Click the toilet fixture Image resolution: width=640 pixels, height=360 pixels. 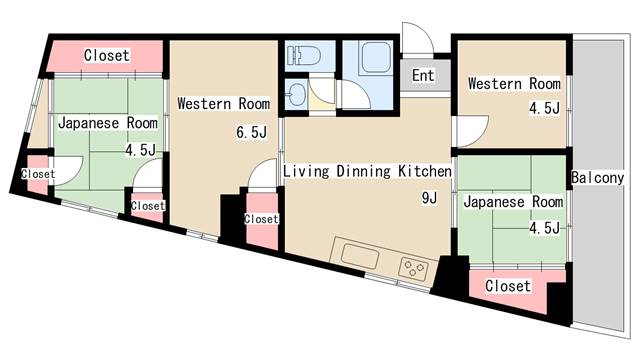pyautogui.click(x=303, y=56)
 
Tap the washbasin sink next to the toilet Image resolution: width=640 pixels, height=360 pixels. pyautogui.click(x=297, y=95)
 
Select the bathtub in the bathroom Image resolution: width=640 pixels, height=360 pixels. pyautogui.click(x=375, y=57)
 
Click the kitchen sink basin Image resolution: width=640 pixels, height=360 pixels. pyautogui.click(x=360, y=256)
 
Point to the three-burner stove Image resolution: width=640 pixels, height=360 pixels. pyautogui.click(x=413, y=269)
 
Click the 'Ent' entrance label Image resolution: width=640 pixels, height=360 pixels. pyautogui.click(x=422, y=75)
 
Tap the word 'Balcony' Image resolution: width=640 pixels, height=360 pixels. pyautogui.click(x=597, y=178)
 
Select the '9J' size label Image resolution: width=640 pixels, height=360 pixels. pyautogui.click(x=429, y=198)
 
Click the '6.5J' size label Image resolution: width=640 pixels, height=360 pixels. pyautogui.click(x=251, y=132)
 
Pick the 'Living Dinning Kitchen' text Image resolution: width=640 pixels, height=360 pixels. pyautogui.click(x=367, y=171)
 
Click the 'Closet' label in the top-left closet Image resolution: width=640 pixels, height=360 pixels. pyautogui.click(x=107, y=55)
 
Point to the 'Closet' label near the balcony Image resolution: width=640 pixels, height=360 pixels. pyautogui.click(x=508, y=286)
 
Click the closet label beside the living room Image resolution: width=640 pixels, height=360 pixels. pyautogui.click(x=261, y=219)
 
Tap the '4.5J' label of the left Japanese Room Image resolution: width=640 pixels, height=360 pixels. pyautogui.click(x=140, y=151)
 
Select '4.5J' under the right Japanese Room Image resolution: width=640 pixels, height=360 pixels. pyautogui.click(x=544, y=228)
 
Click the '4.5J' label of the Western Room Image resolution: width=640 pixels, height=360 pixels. pyautogui.click(x=544, y=109)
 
